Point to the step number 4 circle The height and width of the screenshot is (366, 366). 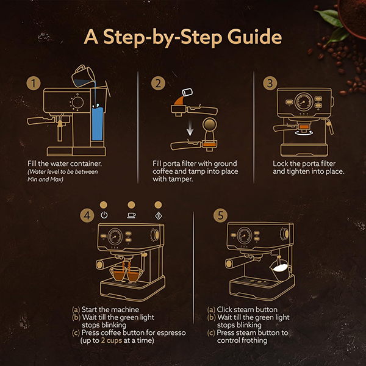point(88,215)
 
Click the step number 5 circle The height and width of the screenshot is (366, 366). point(219,215)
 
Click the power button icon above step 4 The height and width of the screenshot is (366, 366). point(104,215)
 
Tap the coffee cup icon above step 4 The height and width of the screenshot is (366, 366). point(131,215)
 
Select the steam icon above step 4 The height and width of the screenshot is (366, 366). point(159,215)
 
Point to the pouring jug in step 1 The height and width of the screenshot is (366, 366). point(81,76)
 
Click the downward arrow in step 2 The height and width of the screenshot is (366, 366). point(192,127)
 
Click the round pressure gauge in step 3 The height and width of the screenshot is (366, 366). point(303,102)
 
